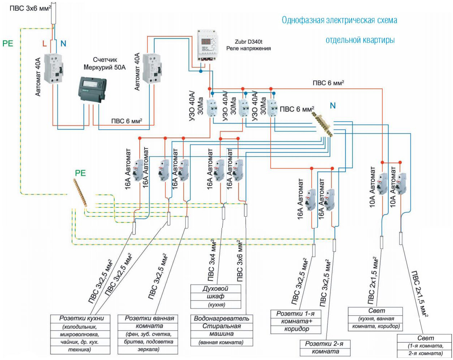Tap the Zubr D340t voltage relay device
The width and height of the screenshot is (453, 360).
pyautogui.click(x=207, y=45)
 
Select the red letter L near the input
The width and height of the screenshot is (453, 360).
pyautogui.click(x=44, y=44)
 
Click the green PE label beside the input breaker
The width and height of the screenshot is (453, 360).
pyautogui.click(x=8, y=43)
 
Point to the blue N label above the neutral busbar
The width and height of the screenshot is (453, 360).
pyautogui.click(x=333, y=105)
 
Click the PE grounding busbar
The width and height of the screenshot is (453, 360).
pyautogui.click(x=80, y=193)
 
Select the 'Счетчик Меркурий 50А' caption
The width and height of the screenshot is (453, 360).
pyautogui.click(x=105, y=63)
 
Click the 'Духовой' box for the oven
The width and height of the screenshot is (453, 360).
pyautogui.click(x=216, y=288)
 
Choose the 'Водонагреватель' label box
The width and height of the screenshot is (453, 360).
pyautogui.click(x=221, y=318)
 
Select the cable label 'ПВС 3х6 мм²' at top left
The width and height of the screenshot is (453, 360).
pyautogui.click(x=30, y=8)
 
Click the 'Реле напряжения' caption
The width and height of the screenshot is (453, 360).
pyautogui.click(x=248, y=49)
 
